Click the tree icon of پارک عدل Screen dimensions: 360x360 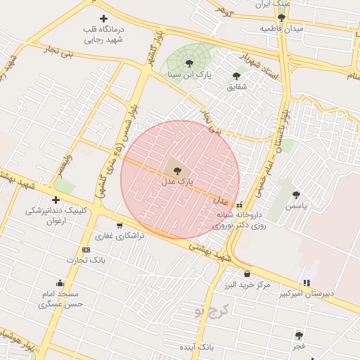coord(176,169)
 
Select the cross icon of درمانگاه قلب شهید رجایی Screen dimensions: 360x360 coord(104,18)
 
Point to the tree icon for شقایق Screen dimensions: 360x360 coord(236,76)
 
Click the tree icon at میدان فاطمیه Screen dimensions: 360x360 coord(281,18)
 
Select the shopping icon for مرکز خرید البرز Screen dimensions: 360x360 coord(247,274)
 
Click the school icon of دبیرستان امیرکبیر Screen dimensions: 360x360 coord(307,282)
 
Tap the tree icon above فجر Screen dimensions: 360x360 coord(299,335)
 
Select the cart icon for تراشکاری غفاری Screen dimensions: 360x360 coord(120,226)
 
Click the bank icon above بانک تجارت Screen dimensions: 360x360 coord(86,250)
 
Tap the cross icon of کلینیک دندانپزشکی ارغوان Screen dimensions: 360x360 coord(56,200)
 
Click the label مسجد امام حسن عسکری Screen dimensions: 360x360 coord(61,299)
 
